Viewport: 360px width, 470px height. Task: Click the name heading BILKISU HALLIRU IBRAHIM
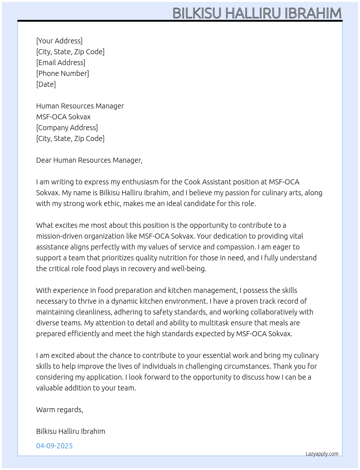(x=257, y=13)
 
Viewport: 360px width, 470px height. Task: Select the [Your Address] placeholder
(x=59, y=41)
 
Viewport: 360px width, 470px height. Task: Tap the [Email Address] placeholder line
(x=61, y=63)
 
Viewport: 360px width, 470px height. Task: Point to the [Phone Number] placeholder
(x=63, y=73)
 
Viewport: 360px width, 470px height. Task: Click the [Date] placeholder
(x=46, y=84)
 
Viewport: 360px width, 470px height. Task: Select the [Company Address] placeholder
(x=67, y=128)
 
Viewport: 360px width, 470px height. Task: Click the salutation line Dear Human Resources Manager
(x=89, y=160)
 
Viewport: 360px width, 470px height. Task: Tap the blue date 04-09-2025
(x=55, y=446)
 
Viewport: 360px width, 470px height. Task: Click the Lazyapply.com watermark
(x=322, y=454)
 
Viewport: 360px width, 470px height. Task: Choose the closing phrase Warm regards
(x=60, y=410)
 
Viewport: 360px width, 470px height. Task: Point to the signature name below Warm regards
(x=71, y=431)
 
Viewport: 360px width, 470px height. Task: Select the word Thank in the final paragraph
(x=283, y=366)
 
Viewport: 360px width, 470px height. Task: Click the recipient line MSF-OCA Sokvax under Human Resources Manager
(x=63, y=117)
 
